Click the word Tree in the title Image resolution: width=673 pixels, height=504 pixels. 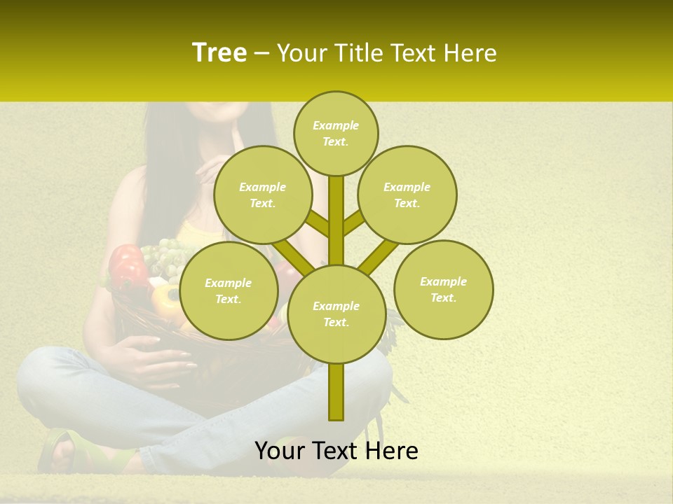pyautogui.click(x=219, y=53)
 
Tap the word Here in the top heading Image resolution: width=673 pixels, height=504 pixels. pyautogui.click(x=470, y=53)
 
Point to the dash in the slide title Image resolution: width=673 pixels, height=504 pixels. pyautogui.click(x=261, y=54)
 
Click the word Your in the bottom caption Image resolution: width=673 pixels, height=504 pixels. pyautogui.click(x=280, y=451)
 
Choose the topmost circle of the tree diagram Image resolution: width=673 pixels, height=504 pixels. pyautogui.click(x=336, y=133)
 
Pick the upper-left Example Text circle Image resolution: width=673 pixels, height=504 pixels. pyautogui.click(x=263, y=195)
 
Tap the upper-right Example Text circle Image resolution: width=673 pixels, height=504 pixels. pyautogui.click(x=407, y=195)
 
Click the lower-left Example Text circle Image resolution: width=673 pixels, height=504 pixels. pyautogui.click(x=229, y=290)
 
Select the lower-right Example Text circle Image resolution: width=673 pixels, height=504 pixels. pyautogui.click(x=443, y=289)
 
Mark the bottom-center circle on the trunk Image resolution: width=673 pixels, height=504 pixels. pyautogui.click(x=336, y=314)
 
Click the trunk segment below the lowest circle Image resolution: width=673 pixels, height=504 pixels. pyautogui.click(x=336, y=392)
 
